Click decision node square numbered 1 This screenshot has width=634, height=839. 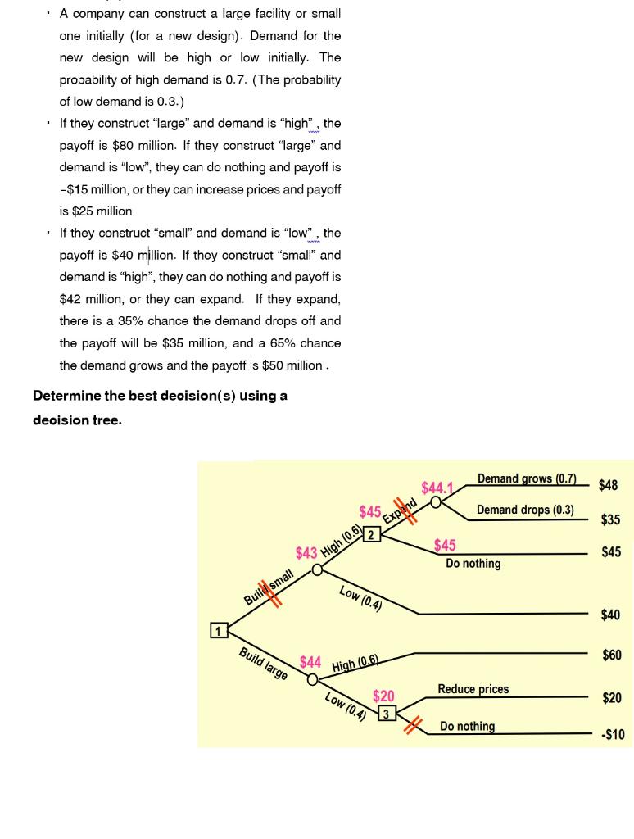click(218, 630)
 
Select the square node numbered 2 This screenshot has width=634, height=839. click(371, 535)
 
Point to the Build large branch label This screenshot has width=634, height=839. click(263, 664)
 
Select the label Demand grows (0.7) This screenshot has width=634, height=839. click(527, 478)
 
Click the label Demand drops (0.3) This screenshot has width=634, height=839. click(525, 510)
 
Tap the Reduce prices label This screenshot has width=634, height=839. click(473, 689)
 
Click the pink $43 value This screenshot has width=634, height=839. click(306, 553)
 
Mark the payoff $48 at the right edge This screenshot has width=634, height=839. click(608, 485)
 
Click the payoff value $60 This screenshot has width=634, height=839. click(611, 655)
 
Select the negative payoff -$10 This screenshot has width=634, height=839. click(612, 734)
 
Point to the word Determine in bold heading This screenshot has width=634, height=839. click(66, 396)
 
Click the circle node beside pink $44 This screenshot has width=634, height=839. click(312, 679)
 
